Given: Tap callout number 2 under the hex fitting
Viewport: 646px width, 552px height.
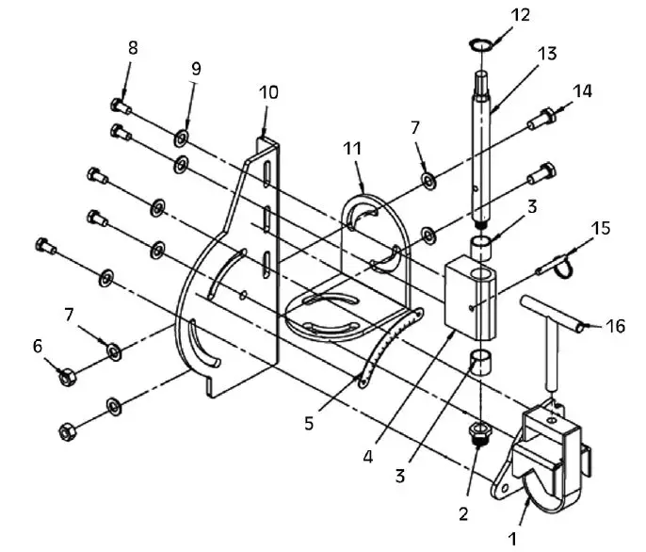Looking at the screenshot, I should [x=462, y=514].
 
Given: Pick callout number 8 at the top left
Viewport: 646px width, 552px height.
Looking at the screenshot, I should [x=133, y=47].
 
